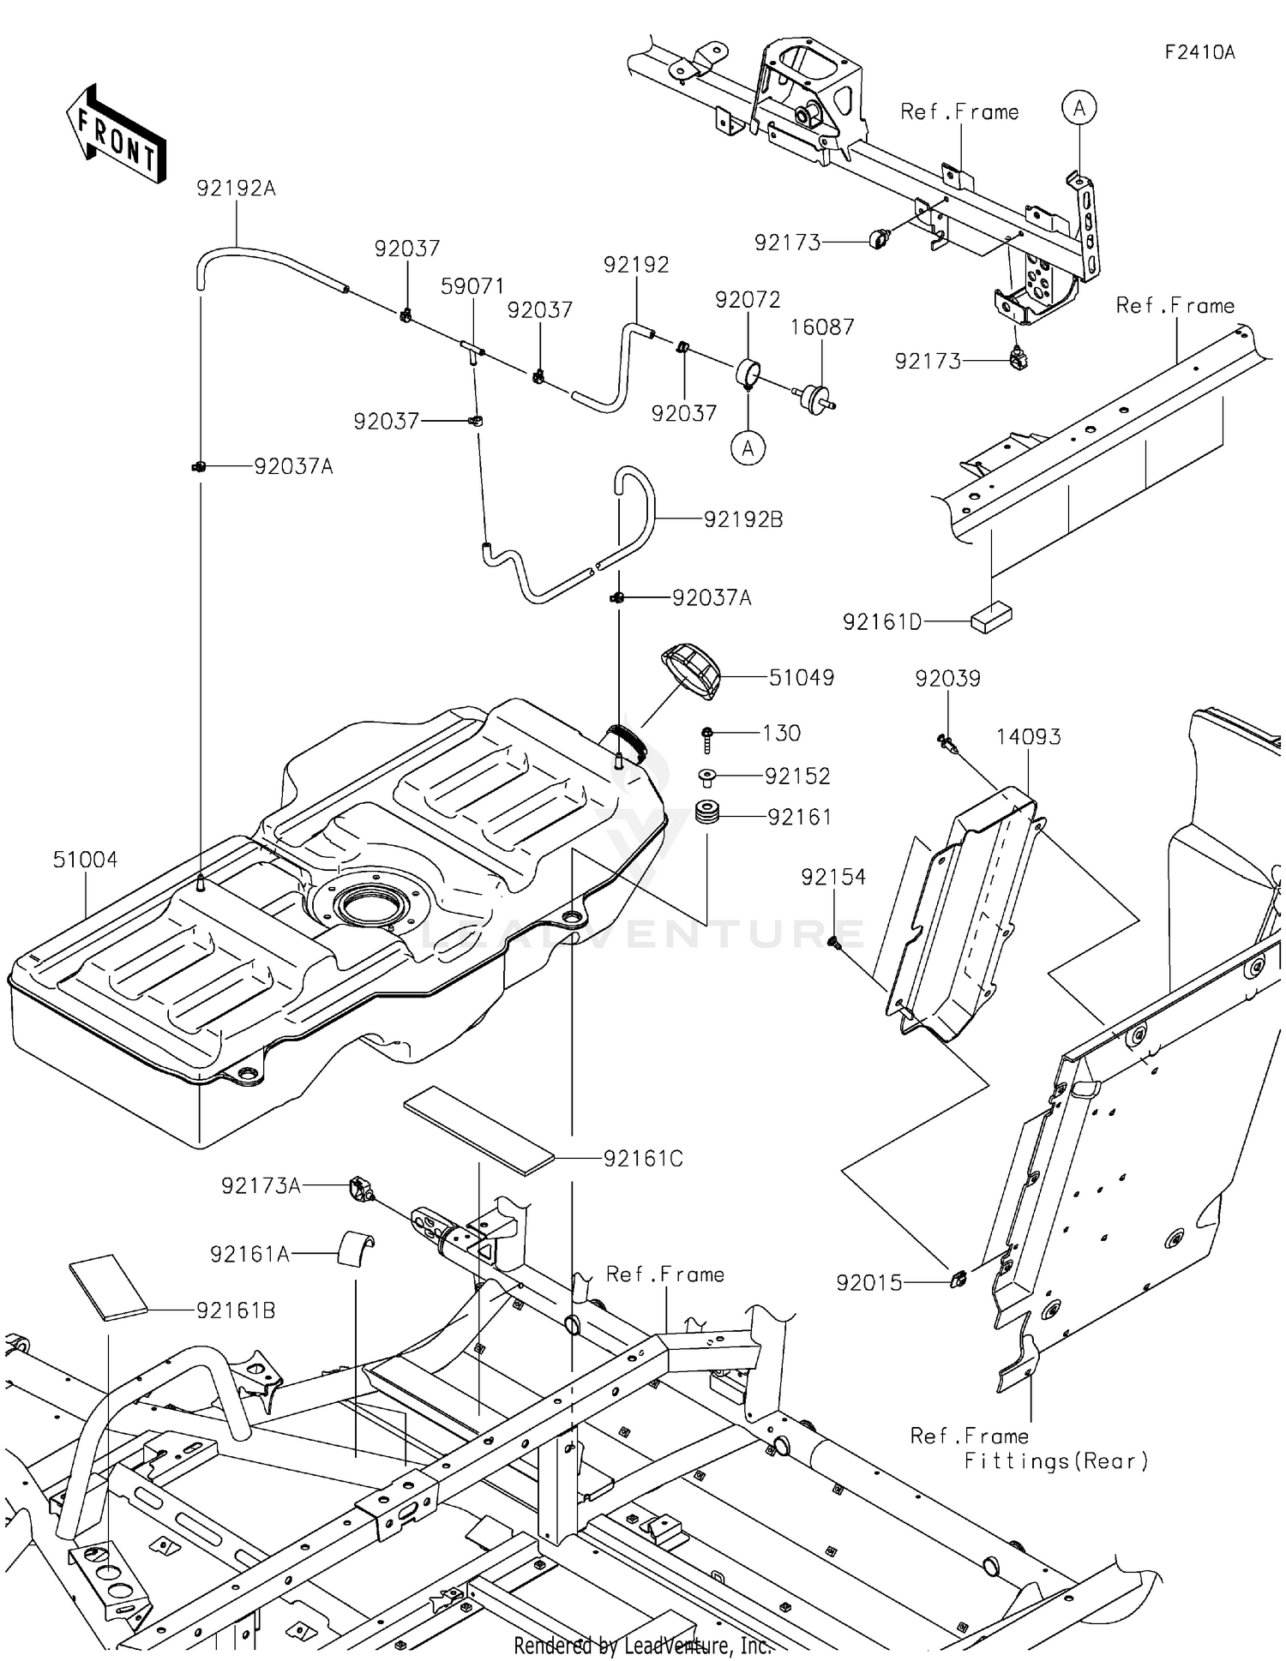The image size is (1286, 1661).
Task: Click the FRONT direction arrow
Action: (116, 135)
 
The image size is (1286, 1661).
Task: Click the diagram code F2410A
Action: (1199, 52)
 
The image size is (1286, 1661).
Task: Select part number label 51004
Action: (85, 860)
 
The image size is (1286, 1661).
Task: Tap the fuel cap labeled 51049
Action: (691, 672)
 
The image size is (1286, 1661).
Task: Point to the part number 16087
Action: (821, 327)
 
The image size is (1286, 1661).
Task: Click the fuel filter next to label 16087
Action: (814, 399)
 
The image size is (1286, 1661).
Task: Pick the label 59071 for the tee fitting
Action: (472, 286)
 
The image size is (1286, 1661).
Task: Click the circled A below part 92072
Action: (748, 447)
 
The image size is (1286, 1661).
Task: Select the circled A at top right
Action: (1079, 108)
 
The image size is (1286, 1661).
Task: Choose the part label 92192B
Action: (742, 519)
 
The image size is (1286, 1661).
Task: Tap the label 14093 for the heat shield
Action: (1028, 736)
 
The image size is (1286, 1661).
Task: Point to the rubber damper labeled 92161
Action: (706, 814)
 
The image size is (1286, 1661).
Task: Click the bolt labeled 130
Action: (709, 734)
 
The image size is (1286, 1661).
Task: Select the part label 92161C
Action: (643, 1159)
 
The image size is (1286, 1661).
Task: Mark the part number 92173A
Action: (261, 1186)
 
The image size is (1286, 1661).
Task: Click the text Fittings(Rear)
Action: (1055, 1461)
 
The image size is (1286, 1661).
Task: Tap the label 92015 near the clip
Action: (868, 1283)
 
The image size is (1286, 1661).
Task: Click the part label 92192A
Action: (236, 188)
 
